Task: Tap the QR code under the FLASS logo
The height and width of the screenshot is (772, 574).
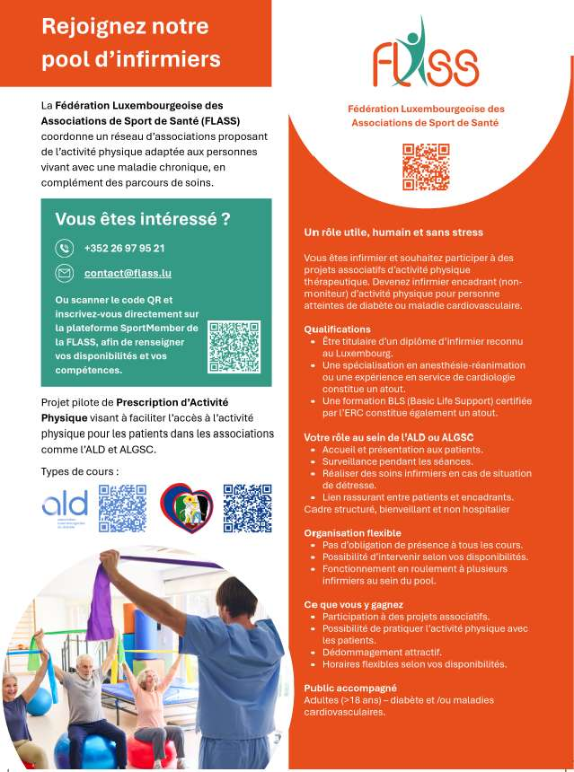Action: click(x=425, y=167)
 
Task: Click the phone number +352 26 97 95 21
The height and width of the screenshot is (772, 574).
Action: click(x=124, y=248)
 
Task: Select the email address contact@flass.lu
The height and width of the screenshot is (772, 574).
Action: click(x=128, y=272)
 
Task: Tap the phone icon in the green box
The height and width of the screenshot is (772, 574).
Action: click(x=65, y=248)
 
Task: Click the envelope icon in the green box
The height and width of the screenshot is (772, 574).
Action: click(x=65, y=272)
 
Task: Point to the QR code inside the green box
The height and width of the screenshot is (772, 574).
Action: click(x=234, y=347)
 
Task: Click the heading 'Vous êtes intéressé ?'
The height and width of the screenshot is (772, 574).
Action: click(x=143, y=219)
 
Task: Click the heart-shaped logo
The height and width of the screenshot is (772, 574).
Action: click(x=186, y=508)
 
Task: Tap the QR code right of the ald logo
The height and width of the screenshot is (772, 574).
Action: click(x=122, y=509)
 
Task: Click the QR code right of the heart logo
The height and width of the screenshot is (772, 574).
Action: click(x=247, y=509)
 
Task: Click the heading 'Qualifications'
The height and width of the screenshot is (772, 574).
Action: click(x=337, y=329)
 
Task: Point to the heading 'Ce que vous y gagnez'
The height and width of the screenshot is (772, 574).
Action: click(x=353, y=604)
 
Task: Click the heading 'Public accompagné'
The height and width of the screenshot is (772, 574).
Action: click(x=344, y=688)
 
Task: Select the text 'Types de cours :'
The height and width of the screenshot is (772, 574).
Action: click(x=80, y=471)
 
